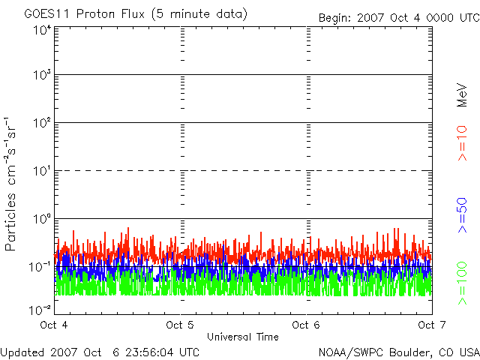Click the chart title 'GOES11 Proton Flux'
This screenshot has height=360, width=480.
84,14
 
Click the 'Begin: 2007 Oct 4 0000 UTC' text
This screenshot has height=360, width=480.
399,18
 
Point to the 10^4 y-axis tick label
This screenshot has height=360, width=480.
43,31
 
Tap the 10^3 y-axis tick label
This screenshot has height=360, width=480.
43,75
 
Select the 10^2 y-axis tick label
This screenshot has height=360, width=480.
43,123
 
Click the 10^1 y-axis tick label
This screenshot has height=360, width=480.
43,171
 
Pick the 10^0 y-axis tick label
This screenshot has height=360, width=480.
43,219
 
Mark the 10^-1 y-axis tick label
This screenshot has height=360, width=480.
40,267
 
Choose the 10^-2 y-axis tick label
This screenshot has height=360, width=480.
40,310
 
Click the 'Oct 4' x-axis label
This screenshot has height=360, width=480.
54,325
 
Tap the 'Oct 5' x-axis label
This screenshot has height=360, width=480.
180,325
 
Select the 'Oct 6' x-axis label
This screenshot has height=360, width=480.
306,325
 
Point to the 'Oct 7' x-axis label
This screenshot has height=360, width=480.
432,325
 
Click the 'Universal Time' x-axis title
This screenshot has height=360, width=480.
243,337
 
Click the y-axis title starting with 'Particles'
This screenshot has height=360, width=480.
10,184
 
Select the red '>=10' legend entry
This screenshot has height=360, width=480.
462,143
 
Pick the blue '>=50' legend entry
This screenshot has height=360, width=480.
462,215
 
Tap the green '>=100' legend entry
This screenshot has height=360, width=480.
462,283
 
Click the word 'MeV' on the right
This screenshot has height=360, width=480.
462,95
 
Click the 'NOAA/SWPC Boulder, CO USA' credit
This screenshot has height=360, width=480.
399,352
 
